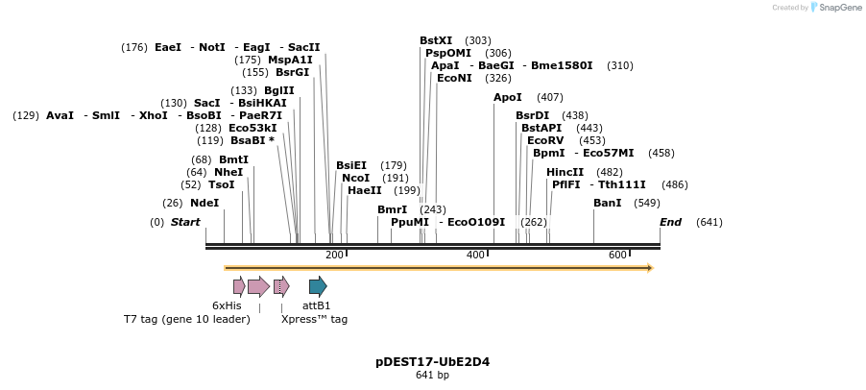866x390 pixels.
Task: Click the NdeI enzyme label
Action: (204, 203)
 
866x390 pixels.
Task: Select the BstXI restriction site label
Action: (436, 40)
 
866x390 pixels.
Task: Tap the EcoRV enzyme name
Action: (545, 140)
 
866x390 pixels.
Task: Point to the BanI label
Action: (607, 203)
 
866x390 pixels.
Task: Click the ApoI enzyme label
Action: (508, 97)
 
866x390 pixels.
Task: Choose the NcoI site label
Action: (355, 178)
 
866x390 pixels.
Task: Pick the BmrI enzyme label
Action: (392, 209)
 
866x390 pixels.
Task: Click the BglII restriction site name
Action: (279, 90)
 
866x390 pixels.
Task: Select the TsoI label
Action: (222, 184)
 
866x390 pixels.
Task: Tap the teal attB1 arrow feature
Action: (318, 285)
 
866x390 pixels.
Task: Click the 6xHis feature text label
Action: (227, 305)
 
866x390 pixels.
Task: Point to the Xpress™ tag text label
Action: (314, 319)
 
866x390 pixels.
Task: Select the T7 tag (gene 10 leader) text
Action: (186, 319)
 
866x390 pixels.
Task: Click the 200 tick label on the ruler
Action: (334, 255)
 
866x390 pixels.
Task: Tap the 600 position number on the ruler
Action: (617, 255)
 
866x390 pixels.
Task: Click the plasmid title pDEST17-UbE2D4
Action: (433, 362)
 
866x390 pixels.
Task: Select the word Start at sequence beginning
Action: (185, 222)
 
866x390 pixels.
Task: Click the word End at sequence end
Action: (670, 222)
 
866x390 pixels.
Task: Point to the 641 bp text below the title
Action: (433, 376)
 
